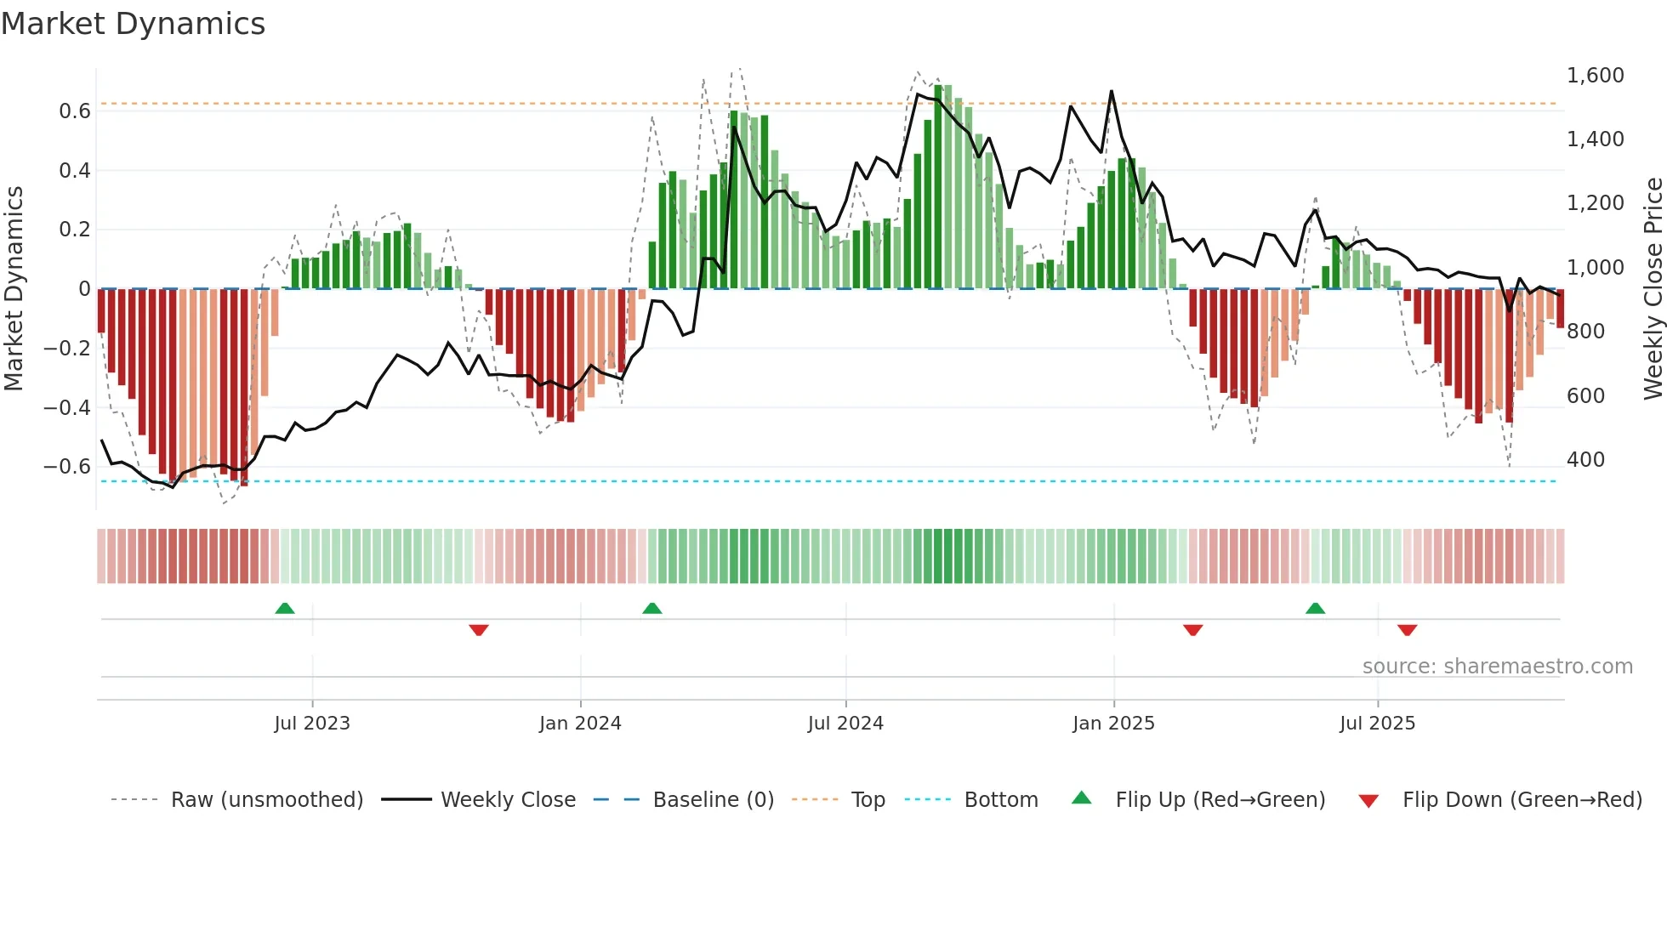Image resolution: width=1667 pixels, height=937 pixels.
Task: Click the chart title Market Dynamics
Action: (133, 24)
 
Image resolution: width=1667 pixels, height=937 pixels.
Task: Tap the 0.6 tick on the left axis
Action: (75, 111)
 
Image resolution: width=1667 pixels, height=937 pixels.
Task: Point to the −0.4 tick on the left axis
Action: (67, 407)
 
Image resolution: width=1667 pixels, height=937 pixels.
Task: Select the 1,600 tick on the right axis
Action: (1596, 76)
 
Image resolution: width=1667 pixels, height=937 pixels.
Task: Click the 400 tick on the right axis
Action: (1585, 460)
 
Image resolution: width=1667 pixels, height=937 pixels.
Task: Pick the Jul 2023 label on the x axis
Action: (312, 724)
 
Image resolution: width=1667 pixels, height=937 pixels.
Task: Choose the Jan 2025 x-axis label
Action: (1113, 724)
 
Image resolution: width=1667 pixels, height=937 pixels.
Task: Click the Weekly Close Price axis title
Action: (1653, 289)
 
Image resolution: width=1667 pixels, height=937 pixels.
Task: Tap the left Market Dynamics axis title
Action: (14, 289)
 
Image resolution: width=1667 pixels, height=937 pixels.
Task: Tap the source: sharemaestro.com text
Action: (1497, 667)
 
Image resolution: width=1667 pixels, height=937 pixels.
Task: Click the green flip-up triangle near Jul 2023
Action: (285, 609)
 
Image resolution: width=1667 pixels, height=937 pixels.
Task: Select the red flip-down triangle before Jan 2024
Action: (479, 630)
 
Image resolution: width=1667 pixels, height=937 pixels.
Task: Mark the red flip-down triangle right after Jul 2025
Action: (1407, 630)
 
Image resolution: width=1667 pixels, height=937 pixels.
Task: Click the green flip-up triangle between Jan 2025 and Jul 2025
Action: (1315, 609)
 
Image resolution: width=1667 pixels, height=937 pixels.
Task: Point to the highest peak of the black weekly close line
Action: (1111, 91)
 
